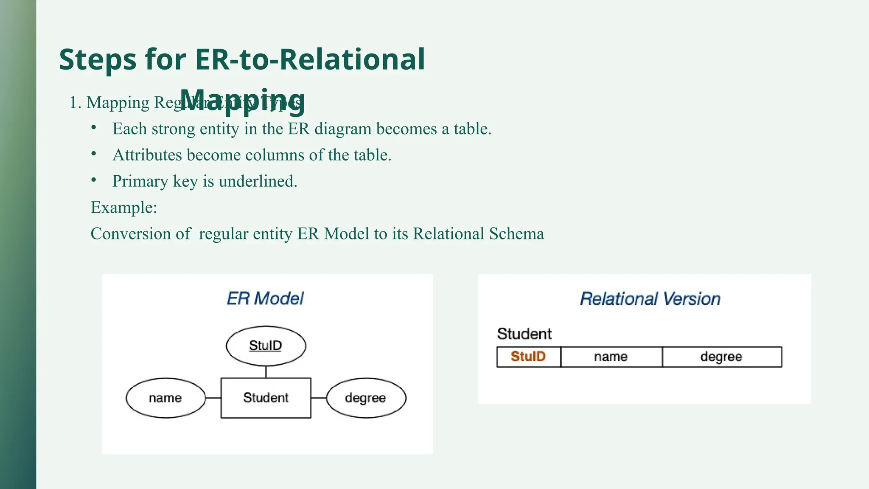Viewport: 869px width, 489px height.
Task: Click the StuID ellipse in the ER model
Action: coord(266,346)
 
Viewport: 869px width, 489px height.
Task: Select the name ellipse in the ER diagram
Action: coord(165,398)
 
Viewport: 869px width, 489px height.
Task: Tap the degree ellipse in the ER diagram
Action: coord(366,398)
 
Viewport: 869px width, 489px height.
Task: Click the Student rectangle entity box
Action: coord(266,398)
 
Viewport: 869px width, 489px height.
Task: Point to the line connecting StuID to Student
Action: coord(266,372)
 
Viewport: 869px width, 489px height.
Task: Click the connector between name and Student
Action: coord(213,398)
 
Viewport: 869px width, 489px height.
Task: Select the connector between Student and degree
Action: coord(319,398)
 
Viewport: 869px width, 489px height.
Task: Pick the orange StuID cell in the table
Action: coord(528,357)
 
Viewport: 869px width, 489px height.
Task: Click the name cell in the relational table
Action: coord(611,357)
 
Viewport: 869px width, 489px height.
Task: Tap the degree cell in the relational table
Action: coord(721,357)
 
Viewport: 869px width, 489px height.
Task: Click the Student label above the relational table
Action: coord(524,334)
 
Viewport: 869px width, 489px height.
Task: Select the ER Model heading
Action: coord(265,298)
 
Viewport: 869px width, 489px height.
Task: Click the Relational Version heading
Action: coord(650,299)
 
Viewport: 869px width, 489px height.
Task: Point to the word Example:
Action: coord(124,208)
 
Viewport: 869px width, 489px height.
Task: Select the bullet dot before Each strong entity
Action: coord(94,128)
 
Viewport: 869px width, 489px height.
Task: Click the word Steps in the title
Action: coord(98,59)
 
